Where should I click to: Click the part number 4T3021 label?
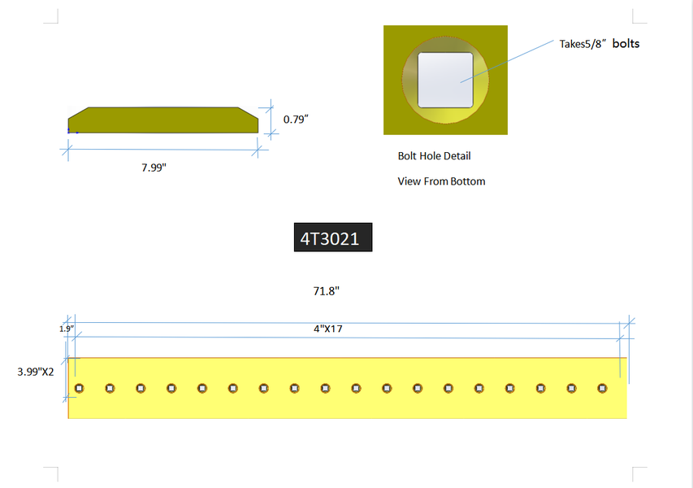coord(332,239)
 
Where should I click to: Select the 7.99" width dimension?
coord(154,168)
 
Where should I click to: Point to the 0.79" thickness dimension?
coord(296,120)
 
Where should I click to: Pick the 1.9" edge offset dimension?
coord(67,329)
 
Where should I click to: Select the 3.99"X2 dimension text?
coord(36,371)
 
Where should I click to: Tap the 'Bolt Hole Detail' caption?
coord(434,156)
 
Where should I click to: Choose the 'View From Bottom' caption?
coord(441,181)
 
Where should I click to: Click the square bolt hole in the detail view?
coord(445,80)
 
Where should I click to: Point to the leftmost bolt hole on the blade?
coord(79,389)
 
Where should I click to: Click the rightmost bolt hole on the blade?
coord(602,389)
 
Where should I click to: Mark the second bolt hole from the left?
coord(110,389)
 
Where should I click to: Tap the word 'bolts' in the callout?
coord(626,44)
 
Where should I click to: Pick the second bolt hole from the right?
coord(571,389)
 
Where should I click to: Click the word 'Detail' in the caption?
coord(456,156)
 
